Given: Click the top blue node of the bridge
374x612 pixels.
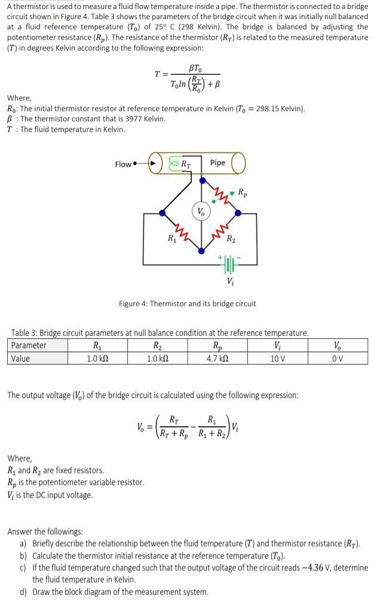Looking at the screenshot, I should pos(203,177).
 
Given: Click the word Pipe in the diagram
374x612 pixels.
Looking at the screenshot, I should pos(218,163).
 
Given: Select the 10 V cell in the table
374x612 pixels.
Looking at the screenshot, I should pos(277,359).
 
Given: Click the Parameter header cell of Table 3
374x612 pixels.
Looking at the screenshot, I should pos(29,345).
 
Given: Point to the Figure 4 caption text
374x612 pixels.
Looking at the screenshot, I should pos(187,304).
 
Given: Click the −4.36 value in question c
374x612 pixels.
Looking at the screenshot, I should pos(314,568).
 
